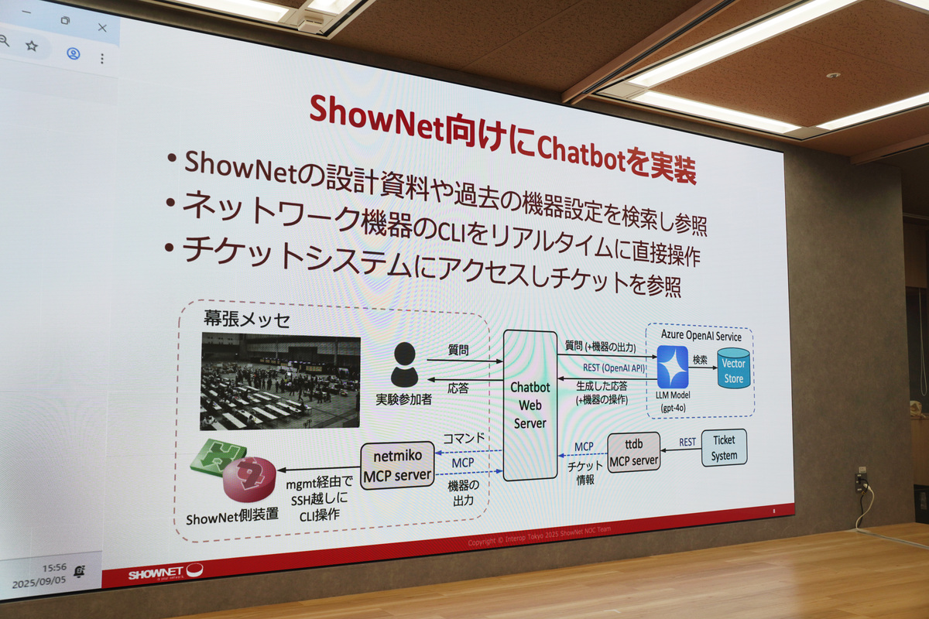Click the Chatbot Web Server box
click(x=530, y=405)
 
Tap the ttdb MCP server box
click(x=633, y=453)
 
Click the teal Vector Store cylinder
click(x=733, y=368)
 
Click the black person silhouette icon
click(x=404, y=364)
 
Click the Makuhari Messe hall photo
click(x=280, y=381)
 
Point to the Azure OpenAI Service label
click(x=701, y=336)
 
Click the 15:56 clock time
click(x=54, y=567)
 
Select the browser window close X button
click(x=102, y=27)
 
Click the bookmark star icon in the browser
click(x=32, y=46)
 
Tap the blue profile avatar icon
click(x=74, y=53)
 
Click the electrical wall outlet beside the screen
click(x=861, y=480)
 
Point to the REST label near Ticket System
click(x=687, y=443)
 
